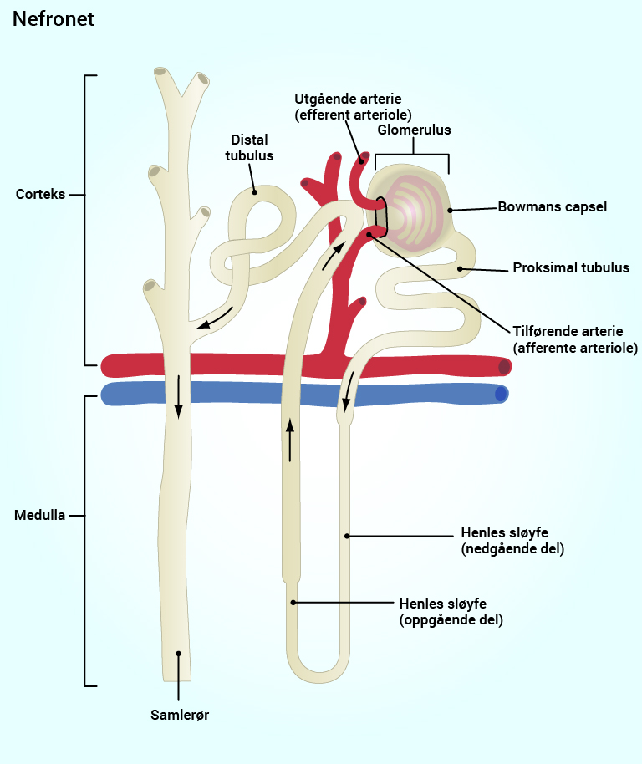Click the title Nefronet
pyautogui.click(x=53, y=19)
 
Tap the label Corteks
pyautogui.click(x=40, y=195)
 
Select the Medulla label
pyautogui.click(x=40, y=515)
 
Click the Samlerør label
pyautogui.click(x=179, y=715)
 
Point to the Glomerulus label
pyautogui.click(x=414, y=130)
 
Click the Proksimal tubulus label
pyautogui.click(x=570, y=268)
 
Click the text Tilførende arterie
pyautogui.click(x=568, y=331)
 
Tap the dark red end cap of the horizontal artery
pyautogui.click(x=503, y=366)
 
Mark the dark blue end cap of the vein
pyautogui.click(x=500, y=394)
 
